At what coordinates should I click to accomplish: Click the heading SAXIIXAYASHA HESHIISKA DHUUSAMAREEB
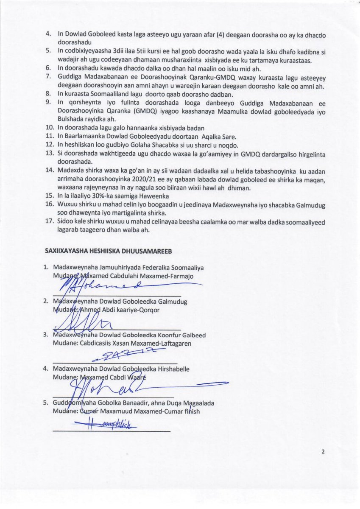[108, 251]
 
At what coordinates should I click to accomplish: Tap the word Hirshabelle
[172, 369]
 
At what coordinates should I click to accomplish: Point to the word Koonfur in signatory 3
[159, 335]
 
